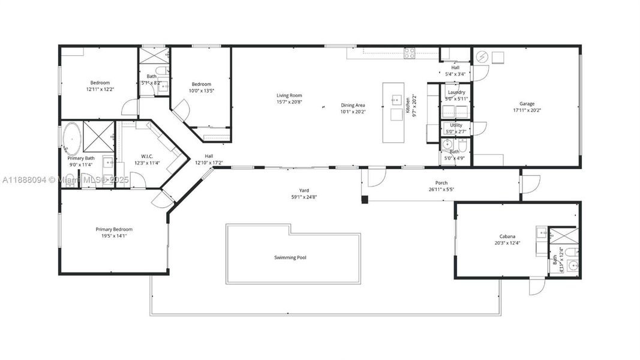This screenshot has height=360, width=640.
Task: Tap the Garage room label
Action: (x=527, y=104)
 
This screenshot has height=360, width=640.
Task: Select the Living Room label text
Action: (x=289, y=95)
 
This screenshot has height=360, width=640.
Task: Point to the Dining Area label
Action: (x=353, y=105)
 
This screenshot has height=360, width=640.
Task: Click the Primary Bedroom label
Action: (x=114, y=229)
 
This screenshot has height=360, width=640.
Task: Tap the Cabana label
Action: (x=507, y=236)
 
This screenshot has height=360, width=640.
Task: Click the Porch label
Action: (x=441, y=183)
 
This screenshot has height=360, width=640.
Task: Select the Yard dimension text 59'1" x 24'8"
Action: (x=304, y=197)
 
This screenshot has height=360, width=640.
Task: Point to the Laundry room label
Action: (x=456, y=92)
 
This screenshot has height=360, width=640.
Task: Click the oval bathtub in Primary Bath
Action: (x=71, y=138)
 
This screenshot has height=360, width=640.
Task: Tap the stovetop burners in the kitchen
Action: (x=410, y=54)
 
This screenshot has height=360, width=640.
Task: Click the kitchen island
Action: (x=395, y=112)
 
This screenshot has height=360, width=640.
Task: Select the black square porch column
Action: (x=364, y=199)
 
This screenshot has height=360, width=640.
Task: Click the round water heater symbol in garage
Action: (x=482, y=57)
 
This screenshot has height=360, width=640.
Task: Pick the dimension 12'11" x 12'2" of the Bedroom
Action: (x=100, y=89)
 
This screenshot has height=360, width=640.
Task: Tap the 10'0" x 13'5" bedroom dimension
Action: (x=201, y=91)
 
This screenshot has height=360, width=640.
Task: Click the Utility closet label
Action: (x=456, y=125)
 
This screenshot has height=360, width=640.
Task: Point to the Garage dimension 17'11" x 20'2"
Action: (x=527, y=110)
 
